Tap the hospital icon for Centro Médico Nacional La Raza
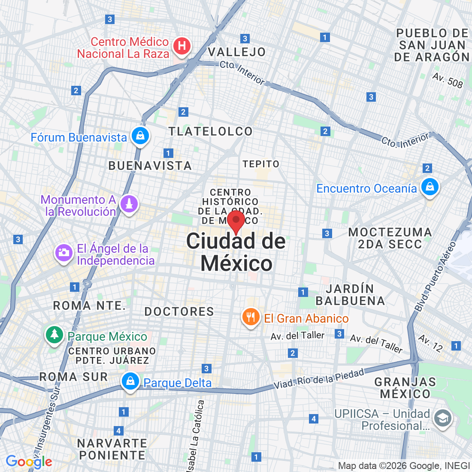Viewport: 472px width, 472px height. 182,45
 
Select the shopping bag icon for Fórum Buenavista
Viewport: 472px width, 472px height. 140,136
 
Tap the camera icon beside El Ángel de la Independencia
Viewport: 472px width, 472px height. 64,253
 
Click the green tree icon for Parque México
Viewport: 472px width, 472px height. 54,335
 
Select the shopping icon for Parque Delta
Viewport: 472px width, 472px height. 130,381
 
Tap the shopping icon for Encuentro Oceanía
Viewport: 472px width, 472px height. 429,187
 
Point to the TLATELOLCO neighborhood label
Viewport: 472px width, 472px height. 210,131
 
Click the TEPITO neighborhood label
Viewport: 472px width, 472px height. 261,164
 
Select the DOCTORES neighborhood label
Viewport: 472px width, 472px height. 179,312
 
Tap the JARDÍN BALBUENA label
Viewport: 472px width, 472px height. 350,295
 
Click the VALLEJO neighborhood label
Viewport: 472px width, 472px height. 237,52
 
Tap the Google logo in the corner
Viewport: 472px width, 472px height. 29,462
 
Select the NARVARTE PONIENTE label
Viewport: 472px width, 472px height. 112,449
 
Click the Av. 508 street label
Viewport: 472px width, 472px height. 448,80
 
